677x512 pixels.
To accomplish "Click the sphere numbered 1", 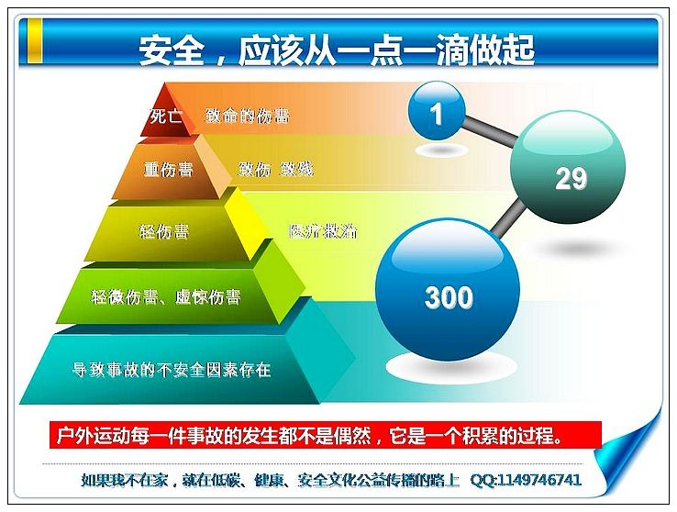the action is point(437,111).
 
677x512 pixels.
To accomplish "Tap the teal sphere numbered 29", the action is point(568,167).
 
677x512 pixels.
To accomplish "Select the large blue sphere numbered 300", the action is point(448,289).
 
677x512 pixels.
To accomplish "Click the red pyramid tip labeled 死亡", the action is point(166,113).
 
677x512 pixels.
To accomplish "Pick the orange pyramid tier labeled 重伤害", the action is point(169,170).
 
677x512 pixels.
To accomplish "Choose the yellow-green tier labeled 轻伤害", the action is point(164,232).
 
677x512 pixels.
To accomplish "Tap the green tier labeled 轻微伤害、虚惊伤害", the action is point(166,296).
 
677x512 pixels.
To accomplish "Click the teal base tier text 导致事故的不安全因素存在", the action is point(171,370).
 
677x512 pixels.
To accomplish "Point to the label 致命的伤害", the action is point(247,116).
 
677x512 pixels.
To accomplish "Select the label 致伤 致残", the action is point(275,169).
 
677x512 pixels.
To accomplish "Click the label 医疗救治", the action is point(323,231).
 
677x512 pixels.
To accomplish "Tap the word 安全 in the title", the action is point(171,50).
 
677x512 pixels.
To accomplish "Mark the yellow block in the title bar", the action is point(35,40).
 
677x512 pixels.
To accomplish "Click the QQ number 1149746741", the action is point(539,480).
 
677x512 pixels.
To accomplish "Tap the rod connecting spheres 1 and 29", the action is point(489,132).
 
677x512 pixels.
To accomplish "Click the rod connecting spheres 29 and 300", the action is point(508,220).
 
